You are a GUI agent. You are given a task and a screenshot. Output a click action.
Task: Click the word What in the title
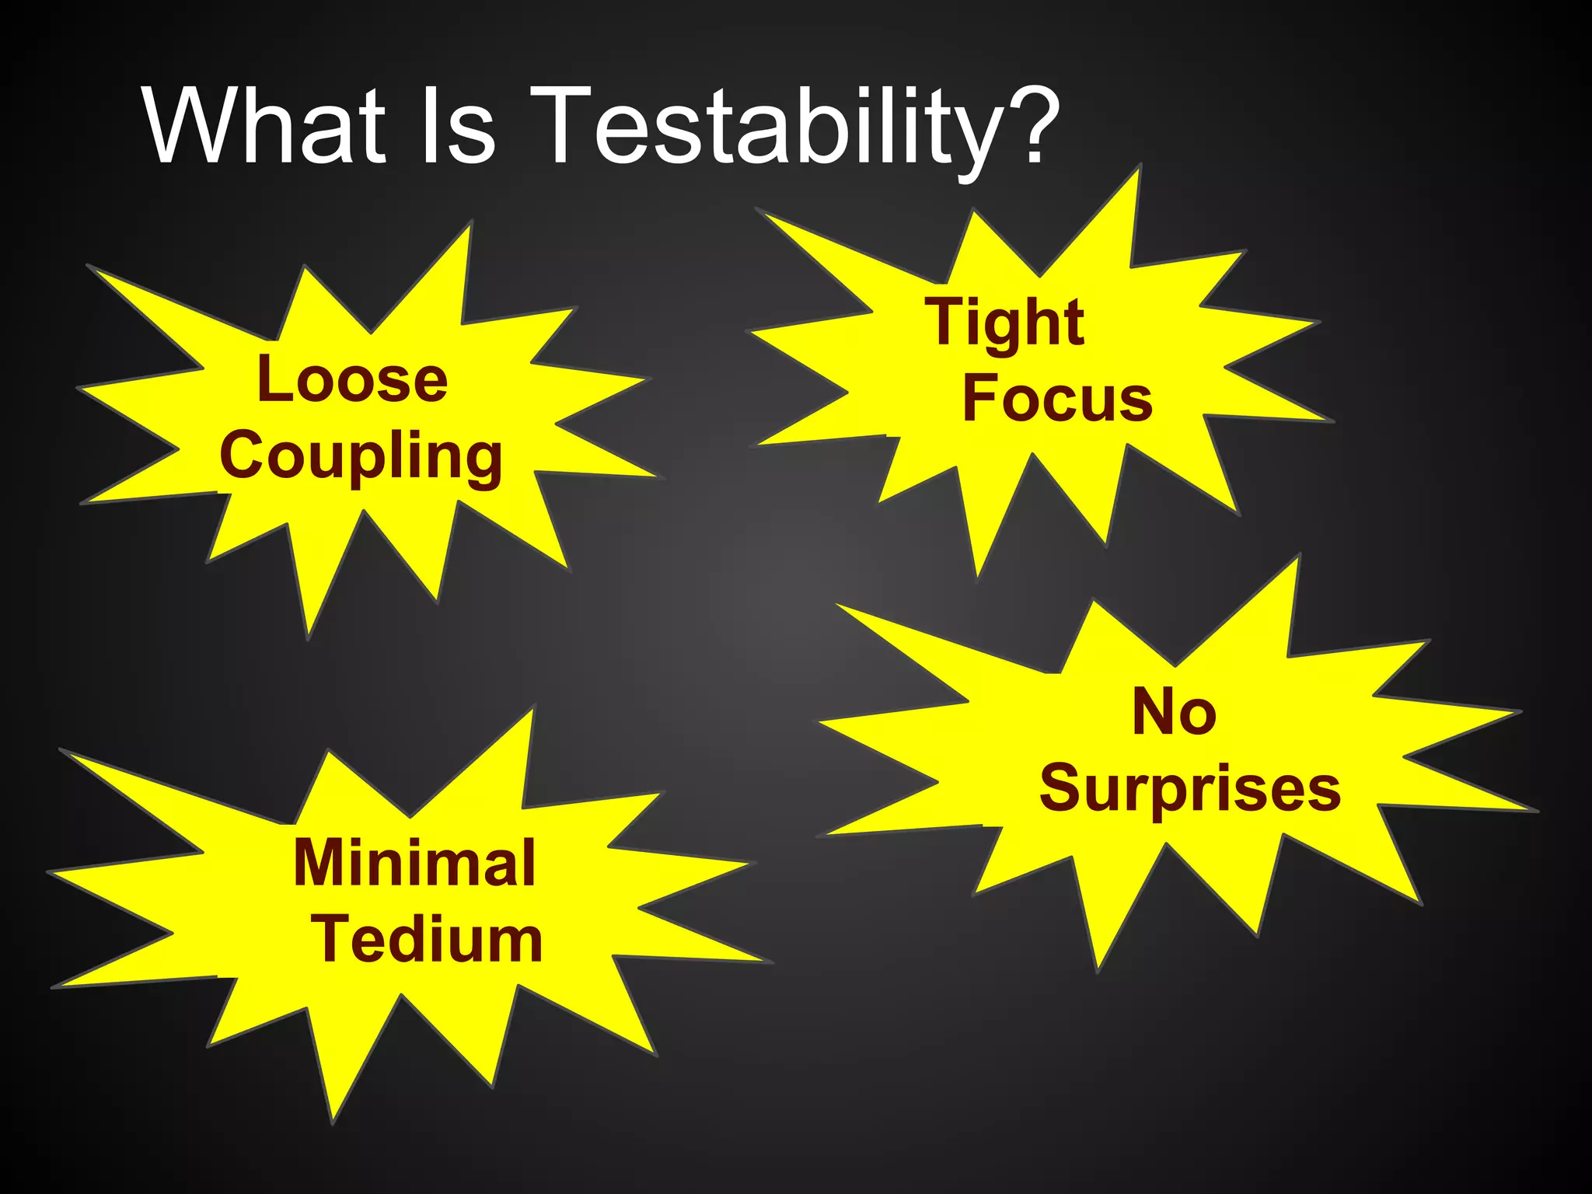(265, 126)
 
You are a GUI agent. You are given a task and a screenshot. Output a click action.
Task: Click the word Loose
(352, 379)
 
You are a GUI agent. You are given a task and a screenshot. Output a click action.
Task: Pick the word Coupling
(361, 457)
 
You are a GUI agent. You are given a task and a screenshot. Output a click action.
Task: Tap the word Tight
(1004, 323)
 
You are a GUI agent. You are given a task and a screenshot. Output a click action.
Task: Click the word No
(1174, 712)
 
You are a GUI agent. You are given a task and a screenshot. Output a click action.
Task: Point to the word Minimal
(415, 863)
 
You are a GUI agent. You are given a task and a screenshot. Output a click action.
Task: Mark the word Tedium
(428, 939)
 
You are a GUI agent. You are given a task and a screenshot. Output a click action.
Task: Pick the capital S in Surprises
(1062, 787)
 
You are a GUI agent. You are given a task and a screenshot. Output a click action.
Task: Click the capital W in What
(198, 126)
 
